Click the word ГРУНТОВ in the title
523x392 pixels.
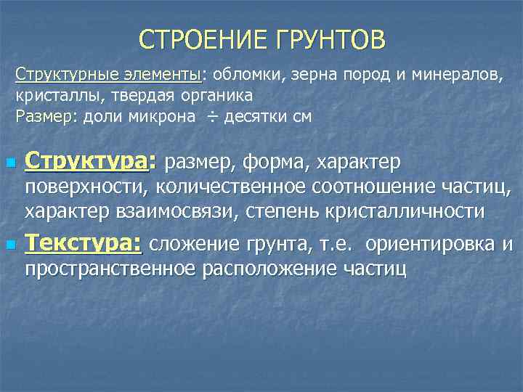coord(327,39)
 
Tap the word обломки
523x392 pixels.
coord(246,75)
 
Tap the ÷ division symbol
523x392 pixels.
coord(211,116)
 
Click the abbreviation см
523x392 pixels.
coord(301,116)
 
